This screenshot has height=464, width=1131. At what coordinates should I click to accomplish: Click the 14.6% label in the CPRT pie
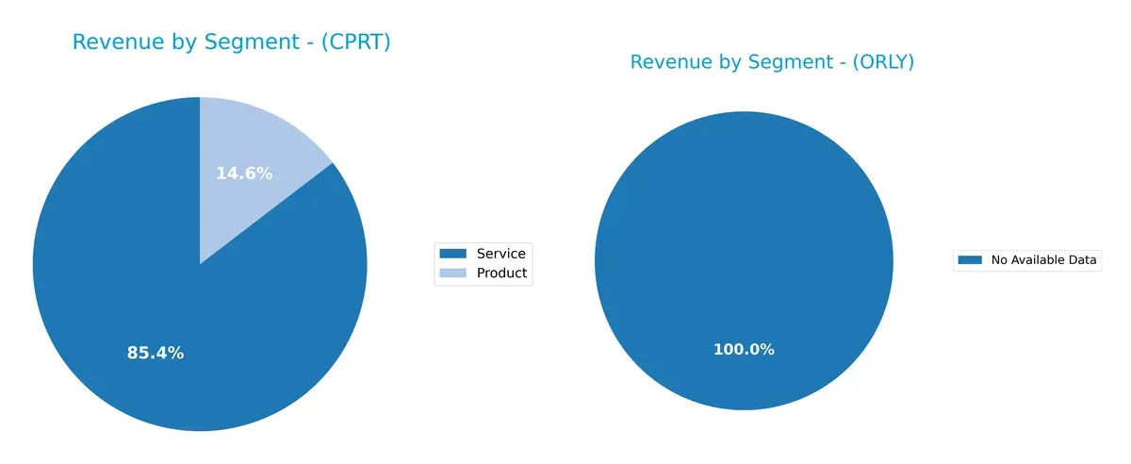244,174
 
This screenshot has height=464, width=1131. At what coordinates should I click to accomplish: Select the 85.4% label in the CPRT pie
156,353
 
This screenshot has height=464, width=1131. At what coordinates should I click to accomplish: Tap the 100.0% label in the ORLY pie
744,349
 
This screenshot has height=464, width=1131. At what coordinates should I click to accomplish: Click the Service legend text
501,253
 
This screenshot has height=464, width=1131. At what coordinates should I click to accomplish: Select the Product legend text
502,273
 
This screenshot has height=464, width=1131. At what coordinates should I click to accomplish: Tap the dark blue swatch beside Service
453,253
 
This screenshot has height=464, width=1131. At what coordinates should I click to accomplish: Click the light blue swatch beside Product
453,273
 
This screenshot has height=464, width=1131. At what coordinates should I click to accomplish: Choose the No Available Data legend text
1044,260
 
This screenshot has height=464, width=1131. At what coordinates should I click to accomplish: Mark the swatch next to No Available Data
970,260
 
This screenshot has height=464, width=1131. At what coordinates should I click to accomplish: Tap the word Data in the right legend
1084,260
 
